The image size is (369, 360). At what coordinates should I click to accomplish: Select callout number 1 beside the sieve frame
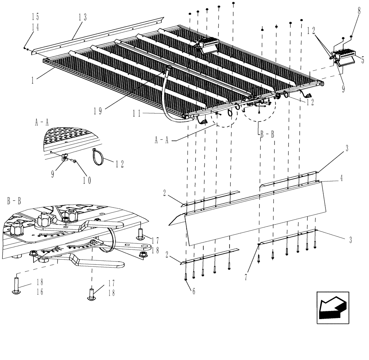coord(33,69)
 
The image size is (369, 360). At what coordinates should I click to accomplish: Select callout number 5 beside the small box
coord(362,59)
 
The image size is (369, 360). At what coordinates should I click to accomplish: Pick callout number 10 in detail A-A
coord(87,180)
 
